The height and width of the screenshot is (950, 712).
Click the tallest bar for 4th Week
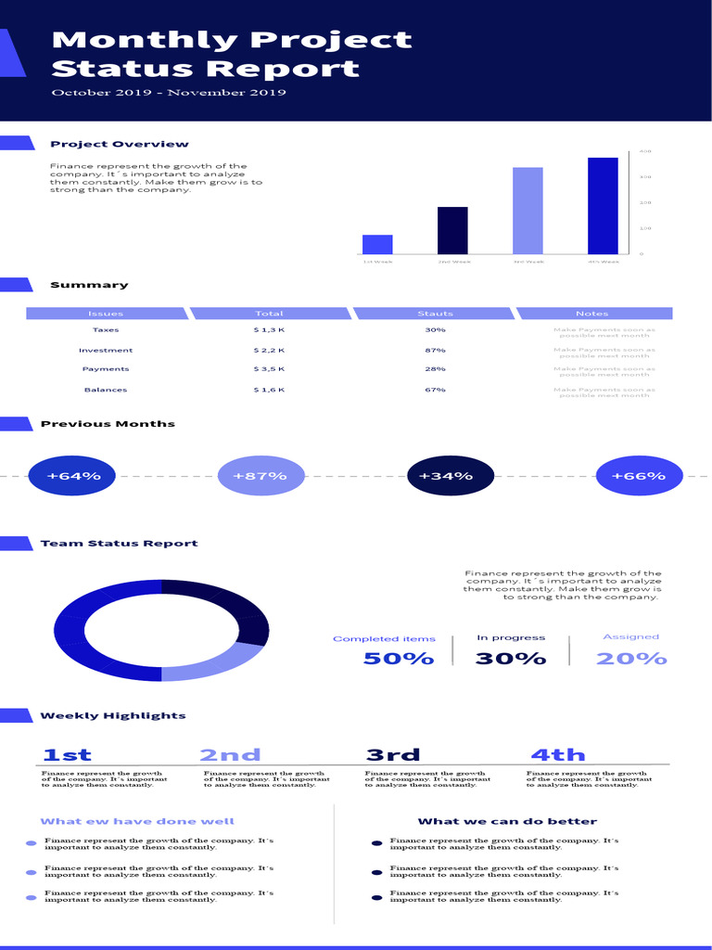point(603,206)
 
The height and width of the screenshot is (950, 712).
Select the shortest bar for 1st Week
point(377,244)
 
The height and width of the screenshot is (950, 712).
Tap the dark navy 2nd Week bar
point(452,230)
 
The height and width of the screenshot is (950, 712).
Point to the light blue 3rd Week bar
point(528,211)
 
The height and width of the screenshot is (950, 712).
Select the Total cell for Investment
point(269,351)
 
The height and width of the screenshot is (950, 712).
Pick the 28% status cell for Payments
point(435,369)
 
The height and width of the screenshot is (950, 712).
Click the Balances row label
point(106,390)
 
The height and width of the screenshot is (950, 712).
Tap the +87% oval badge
point(261,476)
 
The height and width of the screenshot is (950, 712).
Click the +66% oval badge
point(639,476)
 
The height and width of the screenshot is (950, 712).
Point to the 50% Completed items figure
point(399,659)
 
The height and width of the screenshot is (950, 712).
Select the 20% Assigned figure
point(631,659)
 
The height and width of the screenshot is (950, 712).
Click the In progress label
point(511,637)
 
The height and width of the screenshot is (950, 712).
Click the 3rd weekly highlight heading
point(393,754)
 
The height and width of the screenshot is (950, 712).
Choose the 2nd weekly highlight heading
point(230,754)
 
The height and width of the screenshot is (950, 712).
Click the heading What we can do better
point(507,821)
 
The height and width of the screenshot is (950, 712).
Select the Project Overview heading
point(120,144)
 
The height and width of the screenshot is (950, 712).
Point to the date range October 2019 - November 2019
point(169,93)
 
